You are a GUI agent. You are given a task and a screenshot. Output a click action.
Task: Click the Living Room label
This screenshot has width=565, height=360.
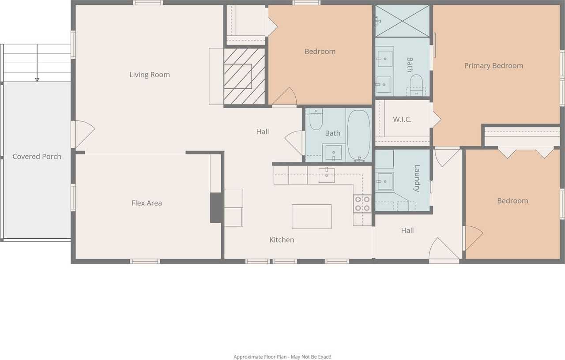click(x=149, y=75)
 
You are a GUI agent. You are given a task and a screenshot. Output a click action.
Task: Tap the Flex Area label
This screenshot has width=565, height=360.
click(x=147, y=203)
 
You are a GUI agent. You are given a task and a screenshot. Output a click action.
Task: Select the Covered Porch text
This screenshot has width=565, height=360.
click(x=37, y=156)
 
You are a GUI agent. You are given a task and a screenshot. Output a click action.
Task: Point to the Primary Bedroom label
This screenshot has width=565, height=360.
click(x=493, y=66)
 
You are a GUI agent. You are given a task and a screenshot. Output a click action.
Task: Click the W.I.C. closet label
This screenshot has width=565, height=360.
click(x=402, y=120)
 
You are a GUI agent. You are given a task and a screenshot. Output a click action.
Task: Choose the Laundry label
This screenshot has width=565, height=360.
click(x=416, y=178)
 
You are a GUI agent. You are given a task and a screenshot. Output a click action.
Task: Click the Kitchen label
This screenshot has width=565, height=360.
click(x=282, y=240)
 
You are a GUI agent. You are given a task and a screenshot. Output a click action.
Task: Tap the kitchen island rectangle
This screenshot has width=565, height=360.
click(x=311, y=217)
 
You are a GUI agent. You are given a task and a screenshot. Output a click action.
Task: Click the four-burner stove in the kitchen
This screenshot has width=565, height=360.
click(x=362, y=203)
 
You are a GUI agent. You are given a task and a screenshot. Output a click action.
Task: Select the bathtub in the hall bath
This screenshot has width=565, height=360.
click(x=358, y=135)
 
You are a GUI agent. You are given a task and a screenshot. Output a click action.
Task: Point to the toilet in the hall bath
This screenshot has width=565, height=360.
click(x=316, y=120)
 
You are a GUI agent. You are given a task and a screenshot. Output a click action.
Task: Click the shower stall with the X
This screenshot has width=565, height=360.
click(x=402, y=21)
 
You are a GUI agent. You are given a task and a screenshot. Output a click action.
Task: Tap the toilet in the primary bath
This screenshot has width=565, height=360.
click(x=416, y=84)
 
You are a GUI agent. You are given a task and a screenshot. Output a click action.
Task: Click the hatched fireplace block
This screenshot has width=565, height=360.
click(x=244, y=76)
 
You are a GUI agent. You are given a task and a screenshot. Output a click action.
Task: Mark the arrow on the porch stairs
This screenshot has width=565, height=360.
click(x=37, y=79)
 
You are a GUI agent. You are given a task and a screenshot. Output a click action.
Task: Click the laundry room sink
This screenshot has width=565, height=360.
click(x=384, y=181)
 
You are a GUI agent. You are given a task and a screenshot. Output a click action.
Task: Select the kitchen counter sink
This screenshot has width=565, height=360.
click(x=326, y=175)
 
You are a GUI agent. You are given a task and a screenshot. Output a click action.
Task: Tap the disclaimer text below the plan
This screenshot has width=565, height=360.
click(x=282, y=356)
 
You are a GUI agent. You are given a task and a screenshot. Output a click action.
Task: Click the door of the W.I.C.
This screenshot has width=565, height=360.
click(x=436, y=120)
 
